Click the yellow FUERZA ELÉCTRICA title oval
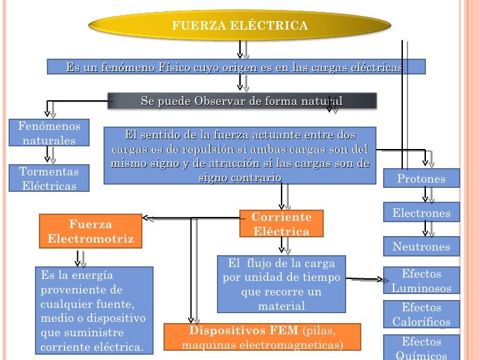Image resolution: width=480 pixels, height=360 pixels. coord(239,26)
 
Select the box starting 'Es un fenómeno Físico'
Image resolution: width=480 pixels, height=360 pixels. coord(235,67)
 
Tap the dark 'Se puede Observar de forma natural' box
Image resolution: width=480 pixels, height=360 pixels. coord(242,100)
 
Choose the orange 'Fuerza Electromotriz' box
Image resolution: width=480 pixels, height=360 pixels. coord(90,231)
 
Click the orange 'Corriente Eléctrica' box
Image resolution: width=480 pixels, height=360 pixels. coord(282,224)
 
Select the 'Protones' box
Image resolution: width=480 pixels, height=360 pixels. coord(421,179)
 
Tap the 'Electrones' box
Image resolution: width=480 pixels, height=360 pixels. coord(421,213)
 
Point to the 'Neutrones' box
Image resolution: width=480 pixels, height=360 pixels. coord(421,247)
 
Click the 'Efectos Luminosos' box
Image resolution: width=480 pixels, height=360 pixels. coord(421,281)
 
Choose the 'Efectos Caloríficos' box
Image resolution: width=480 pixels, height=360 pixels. coord(421,315)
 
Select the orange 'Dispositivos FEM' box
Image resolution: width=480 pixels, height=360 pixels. coord(262,338)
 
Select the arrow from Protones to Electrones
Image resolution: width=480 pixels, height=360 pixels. coord(429,195)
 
